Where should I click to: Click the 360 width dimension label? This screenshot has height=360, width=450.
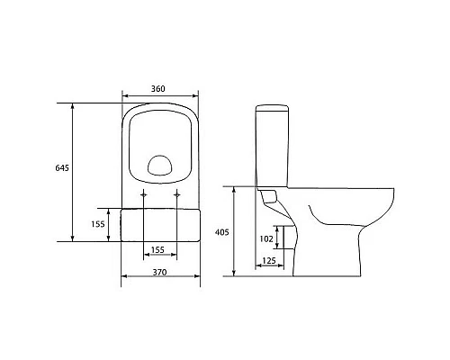(x=158, y=89)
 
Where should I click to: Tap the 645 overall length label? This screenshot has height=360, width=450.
(x=62, y=168)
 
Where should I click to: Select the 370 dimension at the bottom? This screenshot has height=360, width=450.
(x=159, y=273)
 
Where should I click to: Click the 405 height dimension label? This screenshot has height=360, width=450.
(x=222, y=232)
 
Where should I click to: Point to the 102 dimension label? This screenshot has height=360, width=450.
(x=266, y=238)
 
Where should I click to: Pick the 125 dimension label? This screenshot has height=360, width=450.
(x=269, y=261)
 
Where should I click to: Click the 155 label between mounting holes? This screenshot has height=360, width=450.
(x=157, y=249)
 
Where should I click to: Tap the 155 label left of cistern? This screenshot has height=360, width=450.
(x=98, y=224)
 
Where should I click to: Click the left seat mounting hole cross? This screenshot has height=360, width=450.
(x=144, y=194)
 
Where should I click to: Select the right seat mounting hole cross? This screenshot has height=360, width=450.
(x=177, y=194)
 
